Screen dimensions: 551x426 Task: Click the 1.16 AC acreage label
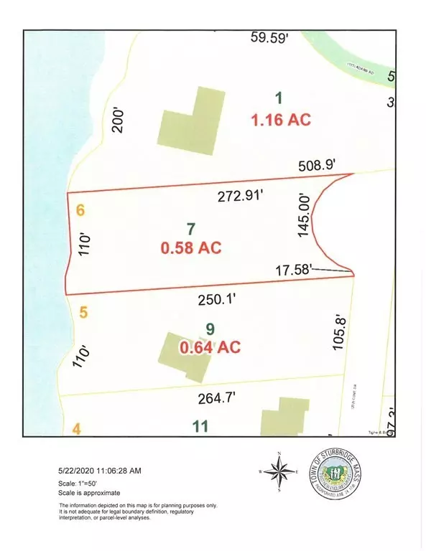click(x=281, y=120)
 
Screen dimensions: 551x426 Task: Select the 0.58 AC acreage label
click(x=190, y=248)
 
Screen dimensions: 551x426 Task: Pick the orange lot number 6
click(x=80, y=211)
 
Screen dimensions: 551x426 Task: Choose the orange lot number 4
click(x=77, y=429)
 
